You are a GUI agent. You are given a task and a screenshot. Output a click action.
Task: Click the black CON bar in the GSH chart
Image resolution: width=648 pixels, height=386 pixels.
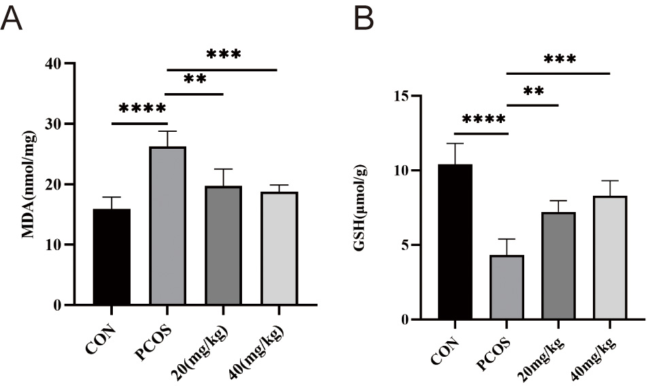(455, 242)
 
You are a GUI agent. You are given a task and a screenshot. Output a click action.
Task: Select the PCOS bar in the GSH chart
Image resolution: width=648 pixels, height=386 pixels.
(507, 287)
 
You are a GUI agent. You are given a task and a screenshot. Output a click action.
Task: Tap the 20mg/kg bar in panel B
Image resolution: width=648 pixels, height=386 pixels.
(558, 266)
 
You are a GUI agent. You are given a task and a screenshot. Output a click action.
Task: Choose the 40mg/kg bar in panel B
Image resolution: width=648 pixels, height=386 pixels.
(610, 258)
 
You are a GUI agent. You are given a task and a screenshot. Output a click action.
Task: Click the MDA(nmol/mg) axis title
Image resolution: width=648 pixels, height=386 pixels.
(29, 183)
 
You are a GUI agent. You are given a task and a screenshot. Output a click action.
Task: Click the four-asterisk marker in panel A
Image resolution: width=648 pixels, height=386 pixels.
(142, 109)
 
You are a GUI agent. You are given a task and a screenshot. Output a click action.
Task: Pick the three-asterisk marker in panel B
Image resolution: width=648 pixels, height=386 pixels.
(560, 59)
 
